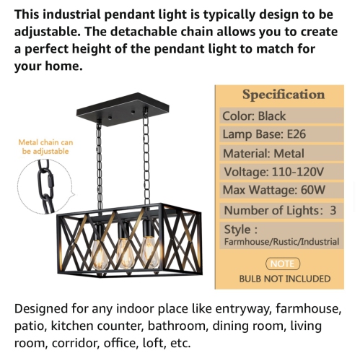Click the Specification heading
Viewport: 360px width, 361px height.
[283, 95]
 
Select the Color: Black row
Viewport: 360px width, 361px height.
[254, 116]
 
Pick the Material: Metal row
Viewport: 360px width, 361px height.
[263, 153]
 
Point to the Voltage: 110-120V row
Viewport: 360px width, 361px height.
[273, 172]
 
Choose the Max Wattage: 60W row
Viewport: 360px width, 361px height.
[273, 191]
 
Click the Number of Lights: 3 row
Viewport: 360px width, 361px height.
[280, 210]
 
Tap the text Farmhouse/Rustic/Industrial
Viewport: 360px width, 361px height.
[281, 242]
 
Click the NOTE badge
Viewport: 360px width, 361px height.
[283, 264]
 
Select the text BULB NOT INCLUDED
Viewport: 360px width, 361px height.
[284, 278]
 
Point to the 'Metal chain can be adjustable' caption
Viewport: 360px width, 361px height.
[45, 147]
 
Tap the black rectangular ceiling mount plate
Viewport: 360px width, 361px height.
[121, 114]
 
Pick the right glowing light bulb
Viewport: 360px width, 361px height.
[149, 251]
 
